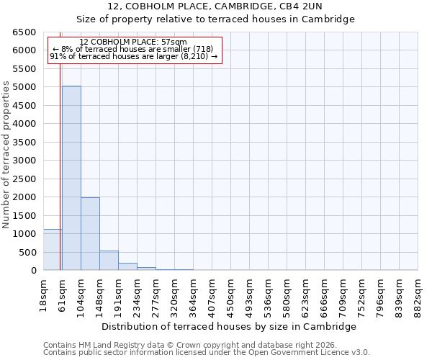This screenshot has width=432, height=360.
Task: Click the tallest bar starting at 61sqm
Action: [71, 178]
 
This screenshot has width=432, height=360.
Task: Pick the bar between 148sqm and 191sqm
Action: [109, 261]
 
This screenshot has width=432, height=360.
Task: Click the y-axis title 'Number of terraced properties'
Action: [6, 155]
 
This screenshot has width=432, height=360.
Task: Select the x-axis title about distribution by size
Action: [230, 326]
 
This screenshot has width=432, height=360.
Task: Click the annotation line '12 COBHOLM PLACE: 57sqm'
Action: [133, 42]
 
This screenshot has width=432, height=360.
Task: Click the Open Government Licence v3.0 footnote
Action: [207, 352]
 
